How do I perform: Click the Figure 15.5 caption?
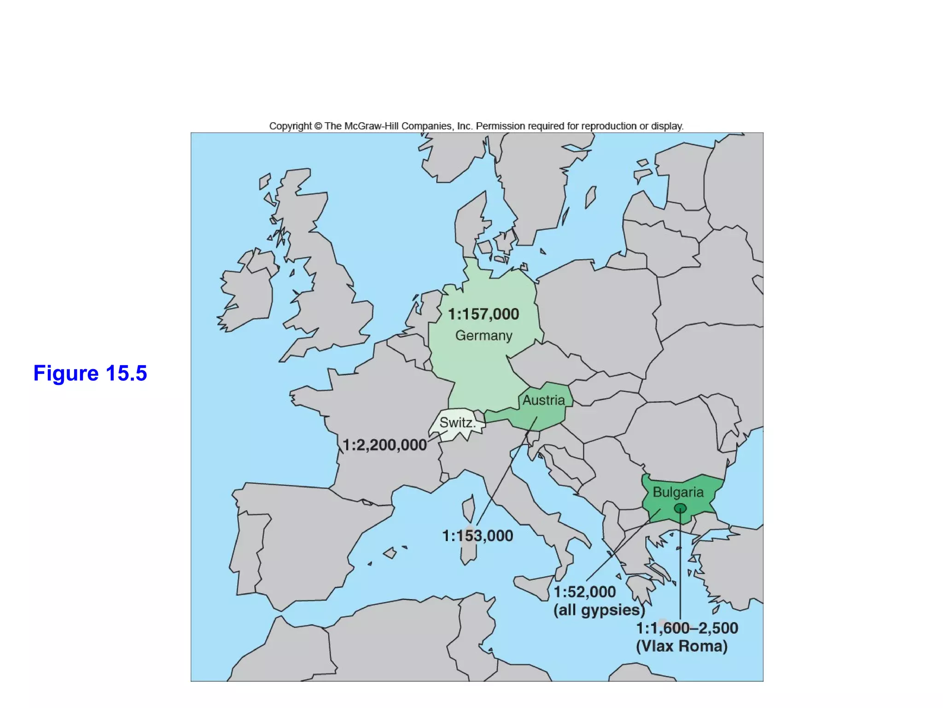tap(90, 373)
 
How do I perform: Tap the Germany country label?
tap(483, 336)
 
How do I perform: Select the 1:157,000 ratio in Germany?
tap(483, 314)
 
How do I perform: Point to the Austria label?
tap(543, 400)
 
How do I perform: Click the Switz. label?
tap(456, 422)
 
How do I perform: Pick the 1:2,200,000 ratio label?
tap(384, 445)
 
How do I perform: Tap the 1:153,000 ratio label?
tap(477, 536)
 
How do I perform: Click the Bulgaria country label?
tap(678, 492)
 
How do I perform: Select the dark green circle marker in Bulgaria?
tap(680, 508)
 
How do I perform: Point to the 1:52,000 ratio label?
tap(584, 592)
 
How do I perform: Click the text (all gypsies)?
tap(599, 610)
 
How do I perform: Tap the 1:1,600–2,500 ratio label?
tap(687, 628)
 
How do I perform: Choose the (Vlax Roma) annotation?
tap(682, 646)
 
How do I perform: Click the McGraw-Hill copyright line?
tap(476, 126)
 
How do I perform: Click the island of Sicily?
tap(534, 585)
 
